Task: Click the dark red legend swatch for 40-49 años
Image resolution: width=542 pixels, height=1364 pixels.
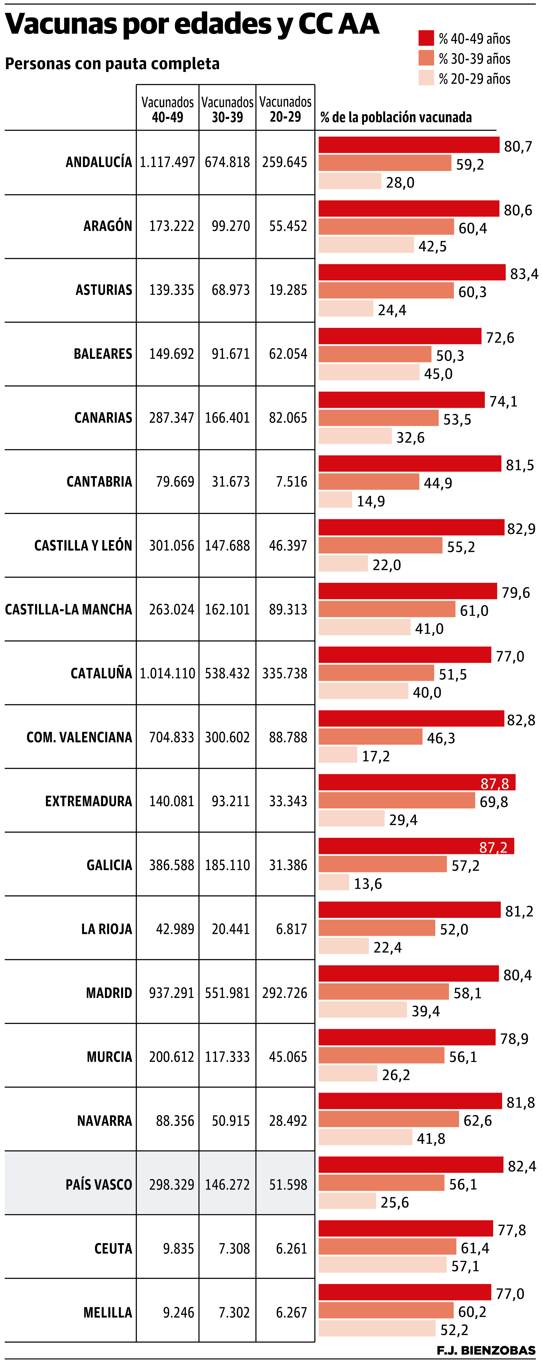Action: pos(426,38)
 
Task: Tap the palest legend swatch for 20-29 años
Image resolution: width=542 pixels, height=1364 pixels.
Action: pos(426,78)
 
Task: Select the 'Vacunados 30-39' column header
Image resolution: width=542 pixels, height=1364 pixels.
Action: pos(227,109)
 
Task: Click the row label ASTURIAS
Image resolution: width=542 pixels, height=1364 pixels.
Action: pos(104,290)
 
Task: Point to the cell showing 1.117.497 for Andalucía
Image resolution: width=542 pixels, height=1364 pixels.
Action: pos(167,163)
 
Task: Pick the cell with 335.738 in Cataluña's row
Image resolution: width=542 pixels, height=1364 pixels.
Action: pos(285,674)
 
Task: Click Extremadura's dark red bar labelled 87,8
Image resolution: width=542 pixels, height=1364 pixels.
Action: pos(417,783)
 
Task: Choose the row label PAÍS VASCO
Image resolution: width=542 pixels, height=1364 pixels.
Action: pos(99,1184)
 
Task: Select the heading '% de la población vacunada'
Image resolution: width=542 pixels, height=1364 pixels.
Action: pos(396,117)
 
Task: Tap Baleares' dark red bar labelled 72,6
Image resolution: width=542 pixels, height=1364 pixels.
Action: pos(400,336)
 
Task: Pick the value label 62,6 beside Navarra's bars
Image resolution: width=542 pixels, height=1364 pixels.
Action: pos(477,1121)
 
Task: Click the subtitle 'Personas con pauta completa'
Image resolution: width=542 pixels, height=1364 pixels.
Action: pos(112,64)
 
